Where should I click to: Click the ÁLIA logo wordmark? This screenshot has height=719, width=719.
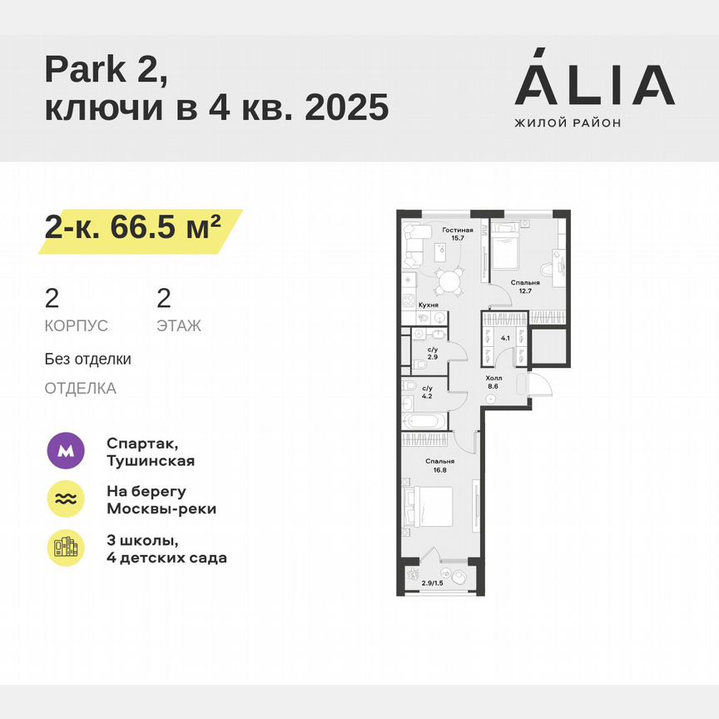(594, 84)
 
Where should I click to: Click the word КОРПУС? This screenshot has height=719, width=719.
(77, 326)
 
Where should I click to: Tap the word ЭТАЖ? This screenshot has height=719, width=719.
(179, 326)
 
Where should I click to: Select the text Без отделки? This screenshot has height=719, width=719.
(88, 359)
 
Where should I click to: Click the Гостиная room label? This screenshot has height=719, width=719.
(458, 231)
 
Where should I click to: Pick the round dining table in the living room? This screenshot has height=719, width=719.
(449, 281)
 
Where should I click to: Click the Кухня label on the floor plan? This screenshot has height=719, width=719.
(429, 305)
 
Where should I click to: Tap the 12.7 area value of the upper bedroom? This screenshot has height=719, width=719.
(520, 291)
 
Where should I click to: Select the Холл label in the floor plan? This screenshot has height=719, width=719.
(494, 377)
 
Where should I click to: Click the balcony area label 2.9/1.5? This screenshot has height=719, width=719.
(434, 583)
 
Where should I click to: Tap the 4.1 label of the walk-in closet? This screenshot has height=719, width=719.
(505, 339)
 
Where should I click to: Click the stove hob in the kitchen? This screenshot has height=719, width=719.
(409, 304)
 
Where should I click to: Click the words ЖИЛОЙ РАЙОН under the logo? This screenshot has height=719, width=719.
(568, 123)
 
